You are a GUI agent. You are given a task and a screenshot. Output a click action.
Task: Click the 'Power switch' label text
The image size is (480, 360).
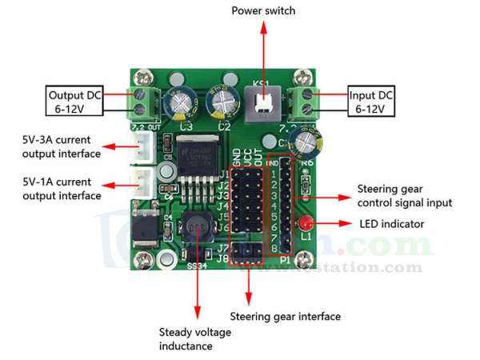[x=263, y=10]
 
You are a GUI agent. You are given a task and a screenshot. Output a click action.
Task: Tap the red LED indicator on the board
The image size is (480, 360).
[x=306, y=222]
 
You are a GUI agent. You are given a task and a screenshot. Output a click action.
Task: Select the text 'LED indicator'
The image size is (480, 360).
[x=392, y=224]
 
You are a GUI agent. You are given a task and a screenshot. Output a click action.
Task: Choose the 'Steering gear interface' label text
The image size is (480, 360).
[x=285, y=317]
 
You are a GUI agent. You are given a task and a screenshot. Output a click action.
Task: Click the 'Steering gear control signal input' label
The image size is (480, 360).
[x=404, y=196]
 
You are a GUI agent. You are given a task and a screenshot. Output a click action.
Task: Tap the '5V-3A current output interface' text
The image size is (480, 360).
[x=62, y=146]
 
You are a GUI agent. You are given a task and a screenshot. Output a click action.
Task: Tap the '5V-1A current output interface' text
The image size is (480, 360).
[x=62, y=188]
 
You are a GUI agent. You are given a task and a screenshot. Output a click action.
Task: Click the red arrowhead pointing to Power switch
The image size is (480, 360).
[x=263, y=28]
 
